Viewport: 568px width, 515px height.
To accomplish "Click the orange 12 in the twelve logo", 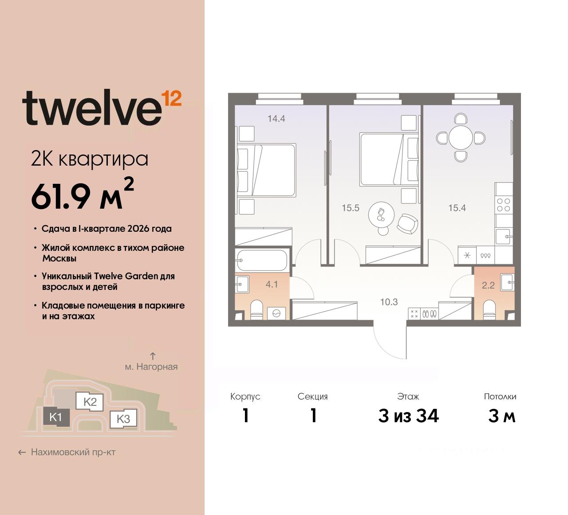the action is (172, 99).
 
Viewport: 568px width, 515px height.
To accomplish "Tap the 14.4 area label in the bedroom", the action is (276, 119).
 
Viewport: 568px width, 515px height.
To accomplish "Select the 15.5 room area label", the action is (350, 208).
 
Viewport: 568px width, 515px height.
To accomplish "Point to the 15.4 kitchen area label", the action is (457, 208).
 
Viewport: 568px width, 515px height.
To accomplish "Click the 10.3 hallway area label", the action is (389, 302).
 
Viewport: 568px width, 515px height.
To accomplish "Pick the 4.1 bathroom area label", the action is (272, 285).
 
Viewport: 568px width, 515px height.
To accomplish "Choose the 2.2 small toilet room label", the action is (488, 285).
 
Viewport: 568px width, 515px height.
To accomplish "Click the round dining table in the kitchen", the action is (461, 138).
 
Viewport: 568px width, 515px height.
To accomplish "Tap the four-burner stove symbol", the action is (504, 205).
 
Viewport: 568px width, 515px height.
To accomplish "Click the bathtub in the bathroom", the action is (262, 260).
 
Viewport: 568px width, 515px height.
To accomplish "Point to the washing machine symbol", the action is (276, 313).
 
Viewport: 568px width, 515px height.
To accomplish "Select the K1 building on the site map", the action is (56, 417).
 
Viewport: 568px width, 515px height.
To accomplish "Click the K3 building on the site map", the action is (123, 419).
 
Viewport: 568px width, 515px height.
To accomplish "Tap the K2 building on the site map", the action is (90, 402).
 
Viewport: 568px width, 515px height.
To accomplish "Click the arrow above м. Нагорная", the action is (153, 356).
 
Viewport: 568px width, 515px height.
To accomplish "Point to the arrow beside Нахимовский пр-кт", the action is (22, 452).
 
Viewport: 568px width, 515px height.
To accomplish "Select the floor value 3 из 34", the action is (408, 416).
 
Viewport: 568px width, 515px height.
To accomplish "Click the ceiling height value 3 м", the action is (501, 416).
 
